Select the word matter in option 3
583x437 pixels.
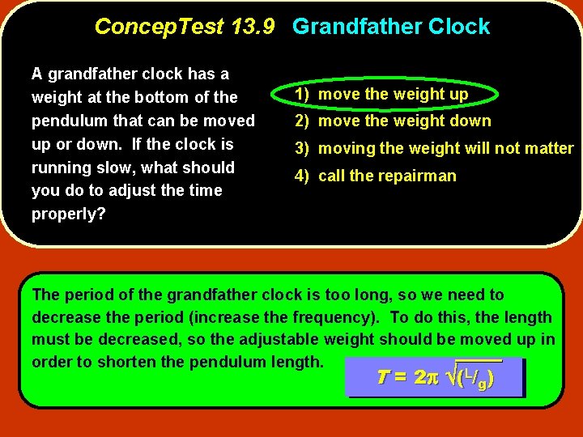[x=547, y=149]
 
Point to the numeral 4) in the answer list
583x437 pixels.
[x=302, y=176]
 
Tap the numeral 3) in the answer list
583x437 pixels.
[x=302, y=149]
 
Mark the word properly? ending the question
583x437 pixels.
[x=68, y=214]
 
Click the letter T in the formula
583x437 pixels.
[x=384, y=378]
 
